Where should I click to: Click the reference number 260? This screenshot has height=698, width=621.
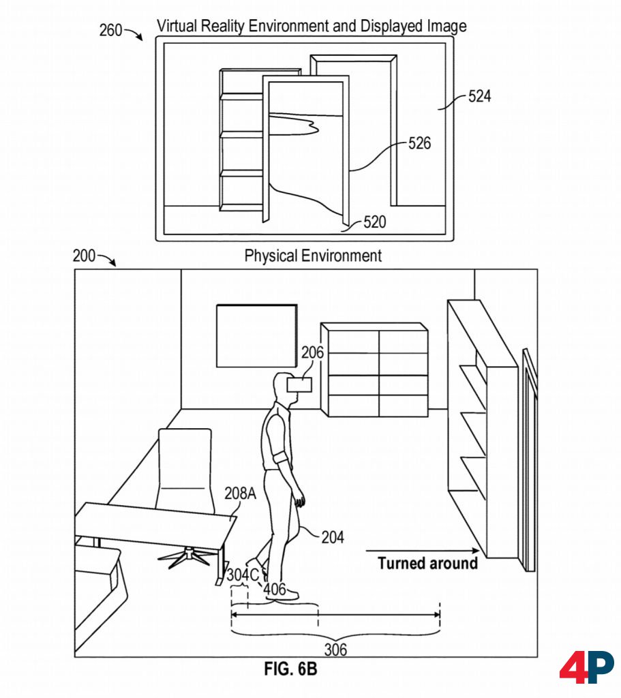pyautogui.click(x=111, y=30)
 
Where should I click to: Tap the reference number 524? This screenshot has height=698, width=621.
pyautogui.click(x=479, y=96)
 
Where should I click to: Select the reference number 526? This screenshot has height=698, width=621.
pyautogui.click(x=420, y=143)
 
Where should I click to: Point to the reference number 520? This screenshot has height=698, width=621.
pyautogui.click(x=374, y=222)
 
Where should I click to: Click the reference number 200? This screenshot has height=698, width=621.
pyautogui.click(x=85, y=256)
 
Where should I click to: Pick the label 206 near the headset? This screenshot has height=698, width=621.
pyautogui.click(x=313, y=352)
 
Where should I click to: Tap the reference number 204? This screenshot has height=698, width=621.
pyautogui.click(x=333, y=537)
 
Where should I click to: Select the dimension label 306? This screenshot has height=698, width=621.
pyautogui.click(x=335, y=650)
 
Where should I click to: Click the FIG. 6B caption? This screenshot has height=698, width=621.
pyautogui.click(x=290, y=670)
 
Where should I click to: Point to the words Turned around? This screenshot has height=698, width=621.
pyautogui.click(x=427, y=563)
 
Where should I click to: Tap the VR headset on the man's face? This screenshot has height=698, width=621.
pyautogui.click(x=300, y=384)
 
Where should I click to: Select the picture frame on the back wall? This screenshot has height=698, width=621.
pyautogui.click(x=256, y=335)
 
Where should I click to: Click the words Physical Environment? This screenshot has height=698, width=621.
pyautogui.click(x=313, y=256)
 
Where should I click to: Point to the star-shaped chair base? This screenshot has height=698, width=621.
pyautogui.click(x=184, y=556)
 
